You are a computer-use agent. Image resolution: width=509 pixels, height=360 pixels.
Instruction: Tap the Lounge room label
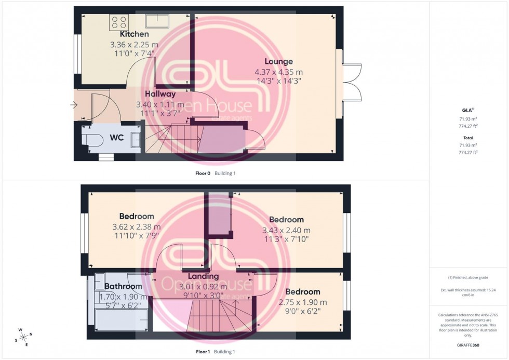(278, 61)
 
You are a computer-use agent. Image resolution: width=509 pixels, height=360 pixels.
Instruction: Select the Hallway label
(160, 94)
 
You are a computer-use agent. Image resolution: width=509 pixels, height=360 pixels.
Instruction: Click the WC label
(116, 138)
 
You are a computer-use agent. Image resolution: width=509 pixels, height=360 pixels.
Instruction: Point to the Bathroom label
(123, 286)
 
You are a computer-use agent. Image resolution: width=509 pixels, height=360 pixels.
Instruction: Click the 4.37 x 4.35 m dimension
(278, 72)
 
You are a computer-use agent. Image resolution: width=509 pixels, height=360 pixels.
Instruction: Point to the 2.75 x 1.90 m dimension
(302, 302)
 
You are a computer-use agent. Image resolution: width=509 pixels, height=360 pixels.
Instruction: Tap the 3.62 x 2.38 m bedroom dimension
(137, 227)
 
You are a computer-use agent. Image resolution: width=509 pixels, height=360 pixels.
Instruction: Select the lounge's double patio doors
(352, 82)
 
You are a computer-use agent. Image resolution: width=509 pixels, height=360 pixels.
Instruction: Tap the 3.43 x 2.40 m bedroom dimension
(286, 230)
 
